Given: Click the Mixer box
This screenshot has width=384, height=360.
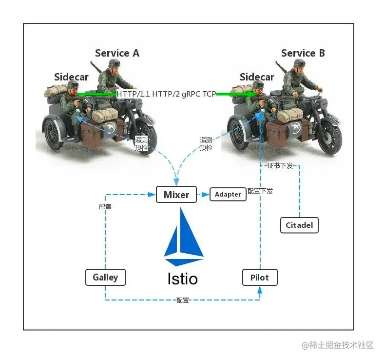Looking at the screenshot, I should point(176,195).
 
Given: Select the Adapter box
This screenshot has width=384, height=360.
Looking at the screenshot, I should point(228,194).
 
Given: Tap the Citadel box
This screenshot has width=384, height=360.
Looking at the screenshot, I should point(299,225).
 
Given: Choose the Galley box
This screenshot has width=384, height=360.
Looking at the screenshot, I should point(105,277).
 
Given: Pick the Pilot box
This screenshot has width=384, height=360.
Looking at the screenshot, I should point(260,277).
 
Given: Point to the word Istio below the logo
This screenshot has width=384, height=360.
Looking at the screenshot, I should point(183,279).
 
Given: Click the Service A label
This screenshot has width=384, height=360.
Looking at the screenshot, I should point(117,53).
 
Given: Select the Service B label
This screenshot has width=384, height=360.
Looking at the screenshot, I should point(303,53).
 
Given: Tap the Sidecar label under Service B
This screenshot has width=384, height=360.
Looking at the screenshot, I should point(257,77).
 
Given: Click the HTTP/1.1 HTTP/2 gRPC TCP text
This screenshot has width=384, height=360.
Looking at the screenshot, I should point(166,93).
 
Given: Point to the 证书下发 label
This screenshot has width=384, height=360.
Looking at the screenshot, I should point(281,165).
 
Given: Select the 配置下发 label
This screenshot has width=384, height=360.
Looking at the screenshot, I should point(260,191).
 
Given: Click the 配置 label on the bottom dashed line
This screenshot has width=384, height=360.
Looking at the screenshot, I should point(183,300).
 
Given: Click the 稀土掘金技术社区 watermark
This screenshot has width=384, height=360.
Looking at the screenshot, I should point(337,345).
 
